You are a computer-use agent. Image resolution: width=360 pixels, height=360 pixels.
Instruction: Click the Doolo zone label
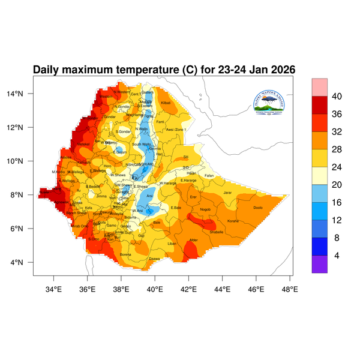(x=259, y=208)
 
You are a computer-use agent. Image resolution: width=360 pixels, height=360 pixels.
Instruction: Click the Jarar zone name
(x=227, y=193)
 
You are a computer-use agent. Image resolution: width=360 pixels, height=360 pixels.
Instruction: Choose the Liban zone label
(x=172, y=244)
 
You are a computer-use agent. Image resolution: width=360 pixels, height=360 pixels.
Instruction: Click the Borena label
(x=126, y=254)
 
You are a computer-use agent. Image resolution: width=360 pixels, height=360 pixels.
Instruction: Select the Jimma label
(x=101, y=196)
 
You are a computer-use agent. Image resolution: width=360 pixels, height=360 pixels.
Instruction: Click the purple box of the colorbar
(x=319, y=265)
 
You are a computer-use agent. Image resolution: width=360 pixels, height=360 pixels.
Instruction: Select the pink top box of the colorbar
(x=319, y=87)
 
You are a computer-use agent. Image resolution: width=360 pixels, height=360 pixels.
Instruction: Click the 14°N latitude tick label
(x=23, y=94)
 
